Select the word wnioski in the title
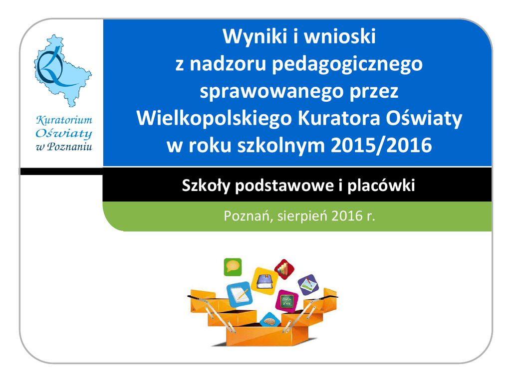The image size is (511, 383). (x=340, y=36)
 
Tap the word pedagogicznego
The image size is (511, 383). (x=347, y=64)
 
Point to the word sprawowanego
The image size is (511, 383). (x=271, y=92)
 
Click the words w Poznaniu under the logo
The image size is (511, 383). (x=64, y=147)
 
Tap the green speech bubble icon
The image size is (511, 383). (x=233, y=267)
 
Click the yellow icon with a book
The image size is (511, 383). (x=264, y=281)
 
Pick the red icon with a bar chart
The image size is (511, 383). (x=284, y=269)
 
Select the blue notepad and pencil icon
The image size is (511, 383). (x=240, y=294)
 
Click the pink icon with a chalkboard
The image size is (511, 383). (x=287, y=300)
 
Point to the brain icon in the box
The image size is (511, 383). (x=270, y=320)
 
